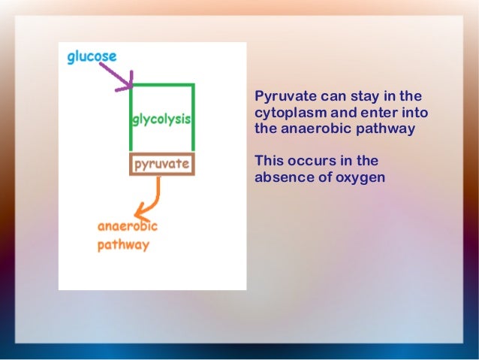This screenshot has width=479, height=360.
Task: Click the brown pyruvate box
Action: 161,163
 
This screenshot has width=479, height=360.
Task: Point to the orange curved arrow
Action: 149,201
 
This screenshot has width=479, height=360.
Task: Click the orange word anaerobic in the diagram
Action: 127,226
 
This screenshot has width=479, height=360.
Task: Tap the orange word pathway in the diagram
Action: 123,245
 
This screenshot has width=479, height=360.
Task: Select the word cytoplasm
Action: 288,113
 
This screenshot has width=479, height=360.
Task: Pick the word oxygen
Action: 360,177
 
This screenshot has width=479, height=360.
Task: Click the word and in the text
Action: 341,113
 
